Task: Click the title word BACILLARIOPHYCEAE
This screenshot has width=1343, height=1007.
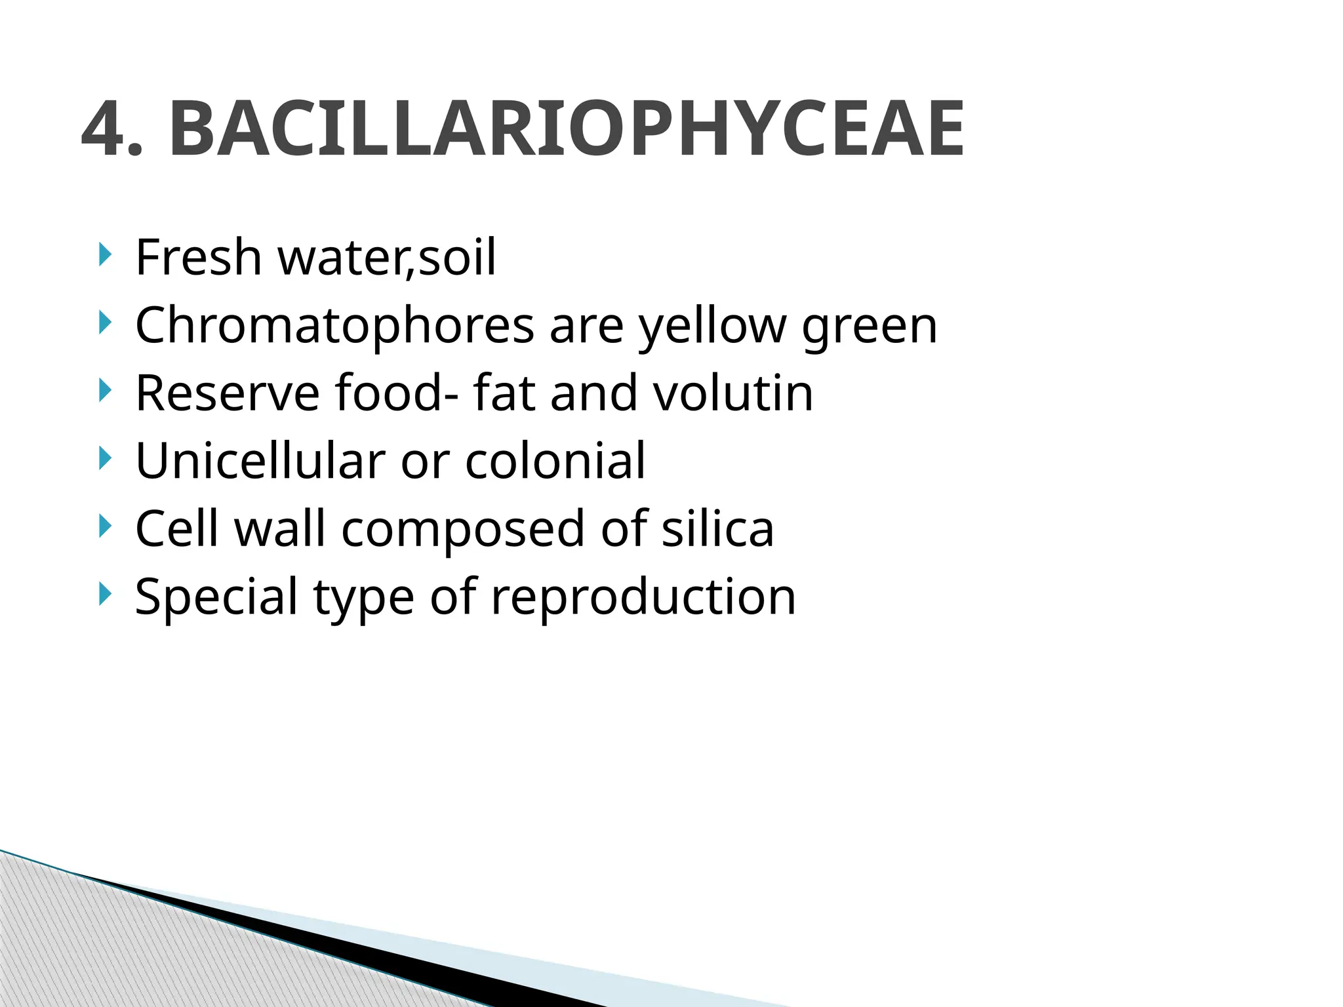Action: (567, 129)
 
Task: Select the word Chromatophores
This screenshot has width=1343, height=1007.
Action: (334, 326)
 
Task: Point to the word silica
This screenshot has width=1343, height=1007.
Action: (717, 528)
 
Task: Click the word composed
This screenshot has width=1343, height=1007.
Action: (463, 530)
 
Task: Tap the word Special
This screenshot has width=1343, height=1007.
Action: (217, 597)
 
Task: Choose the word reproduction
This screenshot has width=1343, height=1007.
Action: (643, 597)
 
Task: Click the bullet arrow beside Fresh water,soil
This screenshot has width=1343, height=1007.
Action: (104, 254)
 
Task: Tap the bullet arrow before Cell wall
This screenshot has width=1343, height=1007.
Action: (104, 526)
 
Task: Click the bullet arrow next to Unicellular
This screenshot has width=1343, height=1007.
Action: (104, 458)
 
